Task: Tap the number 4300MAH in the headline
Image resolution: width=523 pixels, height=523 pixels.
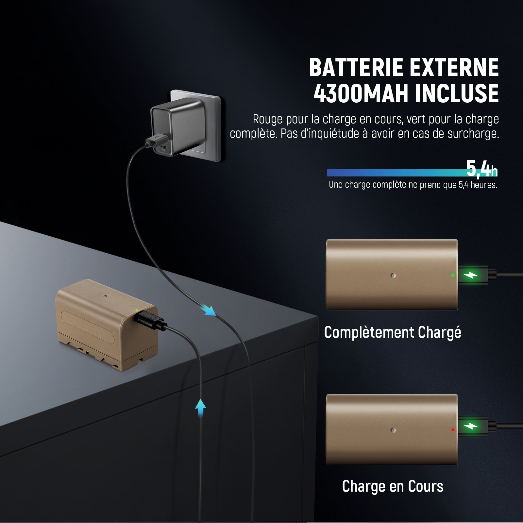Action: (x=361, y=94)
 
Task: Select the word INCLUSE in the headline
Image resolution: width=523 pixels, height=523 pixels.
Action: (x=457, y=94)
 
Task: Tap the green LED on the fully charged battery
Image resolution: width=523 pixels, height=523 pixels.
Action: (x=452, y=275)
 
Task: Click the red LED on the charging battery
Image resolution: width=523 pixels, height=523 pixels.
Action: (x=452, y=430)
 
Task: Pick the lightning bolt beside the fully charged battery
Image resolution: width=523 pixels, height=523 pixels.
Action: (x=473, y=275)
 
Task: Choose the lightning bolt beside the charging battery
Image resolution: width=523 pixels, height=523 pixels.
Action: (x=473, y=426)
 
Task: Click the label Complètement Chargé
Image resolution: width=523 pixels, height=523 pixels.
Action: (x=393, y=333)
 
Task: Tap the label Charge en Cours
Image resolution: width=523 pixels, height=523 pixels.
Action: (x=393, y=486)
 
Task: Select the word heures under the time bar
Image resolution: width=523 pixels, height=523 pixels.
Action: (x=484, y=185)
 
